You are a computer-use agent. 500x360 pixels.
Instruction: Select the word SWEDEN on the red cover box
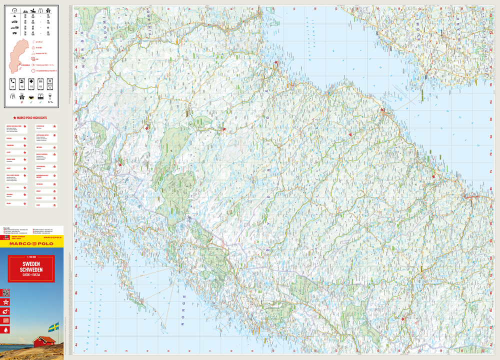tap(31, 264)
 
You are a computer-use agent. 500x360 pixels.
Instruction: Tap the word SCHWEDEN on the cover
tap(31, 269)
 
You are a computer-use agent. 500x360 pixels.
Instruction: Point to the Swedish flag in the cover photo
tap(53, 327)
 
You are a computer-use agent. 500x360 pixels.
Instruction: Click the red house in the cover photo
tap(44, 341)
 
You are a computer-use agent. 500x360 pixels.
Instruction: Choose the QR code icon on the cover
tap(6, 292)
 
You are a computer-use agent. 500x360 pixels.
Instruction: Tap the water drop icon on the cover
tap(6, 329)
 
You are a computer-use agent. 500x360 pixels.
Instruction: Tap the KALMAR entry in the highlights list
tap(38, 198)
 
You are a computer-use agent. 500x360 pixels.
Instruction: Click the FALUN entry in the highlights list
tap(9, 203)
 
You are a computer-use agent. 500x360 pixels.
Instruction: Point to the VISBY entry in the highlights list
tap(38, 205)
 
